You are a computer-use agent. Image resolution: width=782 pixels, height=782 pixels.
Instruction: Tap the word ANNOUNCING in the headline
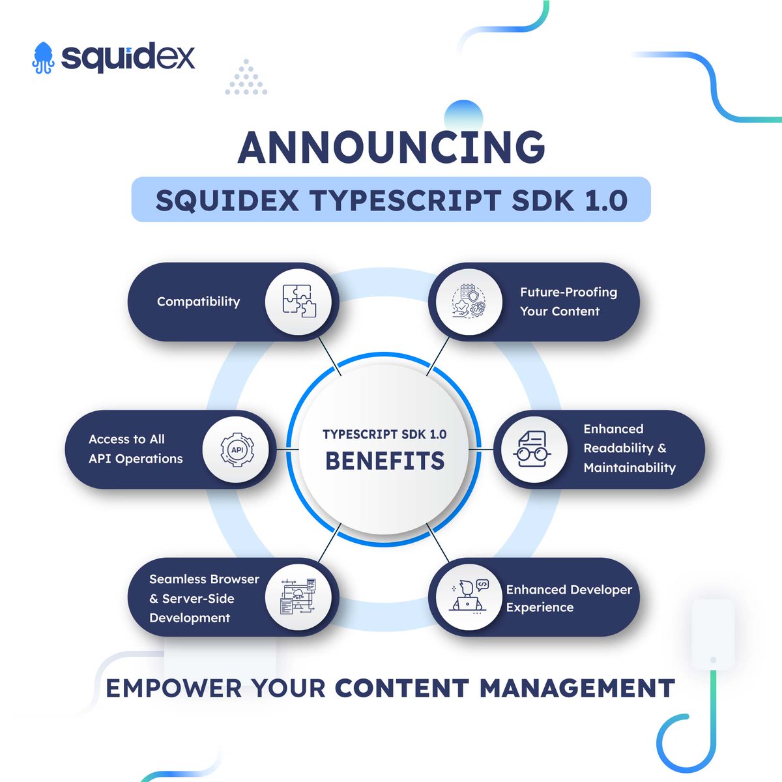pos(391,148)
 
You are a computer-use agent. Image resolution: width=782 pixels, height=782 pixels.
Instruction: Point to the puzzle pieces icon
pos(298,302)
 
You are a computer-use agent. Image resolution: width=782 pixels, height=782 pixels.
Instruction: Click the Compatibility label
pos(198,302)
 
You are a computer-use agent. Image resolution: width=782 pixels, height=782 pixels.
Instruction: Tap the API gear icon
pos(237,449)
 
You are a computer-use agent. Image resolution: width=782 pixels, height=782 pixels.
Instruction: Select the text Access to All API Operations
pos(136,449)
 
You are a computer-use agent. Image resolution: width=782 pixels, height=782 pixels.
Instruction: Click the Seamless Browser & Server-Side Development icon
pos(298,597)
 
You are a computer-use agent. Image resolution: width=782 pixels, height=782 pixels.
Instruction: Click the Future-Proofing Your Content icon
pos(469,302)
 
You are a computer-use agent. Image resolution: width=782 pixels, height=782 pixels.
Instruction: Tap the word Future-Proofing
pos(568,293)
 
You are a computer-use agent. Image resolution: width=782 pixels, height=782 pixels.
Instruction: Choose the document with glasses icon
pos(534,449)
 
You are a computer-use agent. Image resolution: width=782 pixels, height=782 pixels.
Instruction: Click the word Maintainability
pos(630,467)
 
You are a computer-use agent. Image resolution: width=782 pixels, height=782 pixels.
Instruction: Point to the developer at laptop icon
pos(469,597)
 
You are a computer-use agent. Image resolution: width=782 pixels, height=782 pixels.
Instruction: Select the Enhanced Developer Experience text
pos(568,598)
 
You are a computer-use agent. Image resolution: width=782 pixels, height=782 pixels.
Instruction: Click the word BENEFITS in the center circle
pos(384,461)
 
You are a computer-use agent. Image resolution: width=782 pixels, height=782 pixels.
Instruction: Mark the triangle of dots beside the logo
pos(246,78)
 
